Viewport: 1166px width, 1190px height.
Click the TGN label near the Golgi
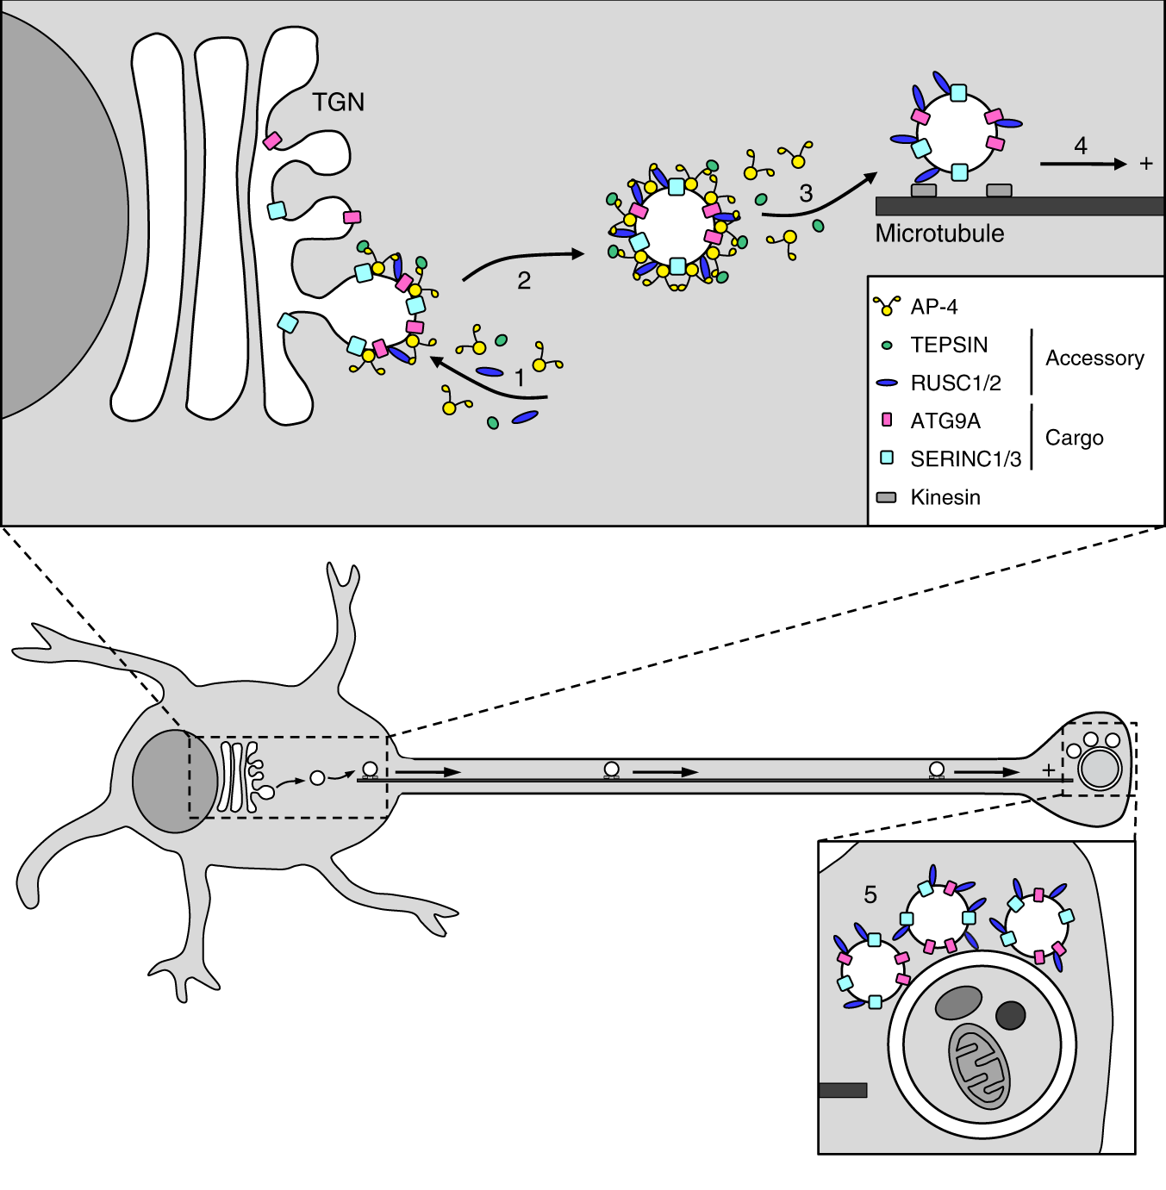[x=338, y=103]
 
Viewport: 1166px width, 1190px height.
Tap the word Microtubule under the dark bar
[x=939, y=234]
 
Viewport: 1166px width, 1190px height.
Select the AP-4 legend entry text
[x=934, y=307]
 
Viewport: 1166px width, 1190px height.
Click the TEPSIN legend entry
[x=949, y=345]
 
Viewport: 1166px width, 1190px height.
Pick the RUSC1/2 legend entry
[x=956, y=383]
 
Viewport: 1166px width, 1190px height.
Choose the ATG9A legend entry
[x=945, y=421]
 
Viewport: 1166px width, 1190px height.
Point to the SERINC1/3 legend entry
[x=965, y=459]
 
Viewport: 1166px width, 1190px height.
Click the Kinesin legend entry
[x=945, y=497]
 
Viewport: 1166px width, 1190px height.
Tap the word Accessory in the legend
[x=1094, y=358]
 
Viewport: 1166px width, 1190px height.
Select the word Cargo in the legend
[x=1074, y=438]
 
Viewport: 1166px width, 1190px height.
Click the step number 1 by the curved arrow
[x=519, y=377]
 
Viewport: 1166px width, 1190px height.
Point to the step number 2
[x=523, y=281]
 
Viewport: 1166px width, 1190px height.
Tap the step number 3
[x=806, y=194]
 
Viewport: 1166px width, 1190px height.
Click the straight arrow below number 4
[x=1082, y=164]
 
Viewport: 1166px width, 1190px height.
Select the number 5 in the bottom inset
[x=870, y=895]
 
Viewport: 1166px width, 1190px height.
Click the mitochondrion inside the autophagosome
[x=979, y=1066]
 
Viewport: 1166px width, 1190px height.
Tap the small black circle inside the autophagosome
[x=1010, y=1015]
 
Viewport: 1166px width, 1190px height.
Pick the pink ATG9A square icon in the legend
[x=886, y=421]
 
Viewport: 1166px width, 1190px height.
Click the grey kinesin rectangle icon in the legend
[x=886, y=497]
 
